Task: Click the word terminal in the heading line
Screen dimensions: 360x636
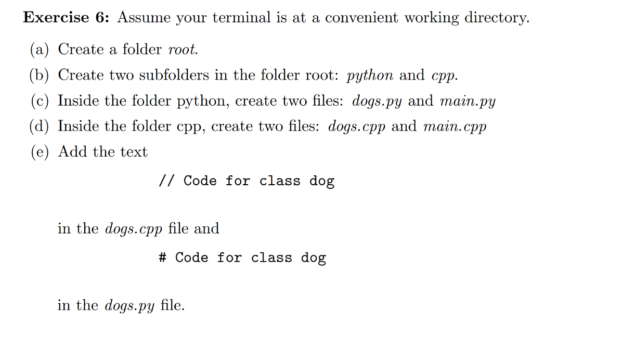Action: coord(242,18)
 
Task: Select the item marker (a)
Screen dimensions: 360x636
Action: coord(40,49)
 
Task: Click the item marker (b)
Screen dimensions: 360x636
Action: coord(40,75)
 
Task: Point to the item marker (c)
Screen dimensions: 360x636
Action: coord(40,101)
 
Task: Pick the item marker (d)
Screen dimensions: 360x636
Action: coord(40,126)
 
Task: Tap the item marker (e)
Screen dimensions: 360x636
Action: coord(40,152)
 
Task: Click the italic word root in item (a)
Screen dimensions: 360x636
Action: coord(182,50)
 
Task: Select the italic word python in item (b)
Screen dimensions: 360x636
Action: coord(370,76)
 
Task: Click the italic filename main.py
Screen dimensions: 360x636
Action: coord(468,101)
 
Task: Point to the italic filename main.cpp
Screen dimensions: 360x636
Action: coord(455,127)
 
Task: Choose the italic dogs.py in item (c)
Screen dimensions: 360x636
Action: coord(377,101)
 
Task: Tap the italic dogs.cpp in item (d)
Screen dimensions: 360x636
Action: coord(357,127)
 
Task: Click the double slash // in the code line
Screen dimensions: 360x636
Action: coord(166,181)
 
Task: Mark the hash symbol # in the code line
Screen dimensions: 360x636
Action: coord(162,258)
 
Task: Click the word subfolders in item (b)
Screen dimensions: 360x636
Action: coord(174,75)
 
